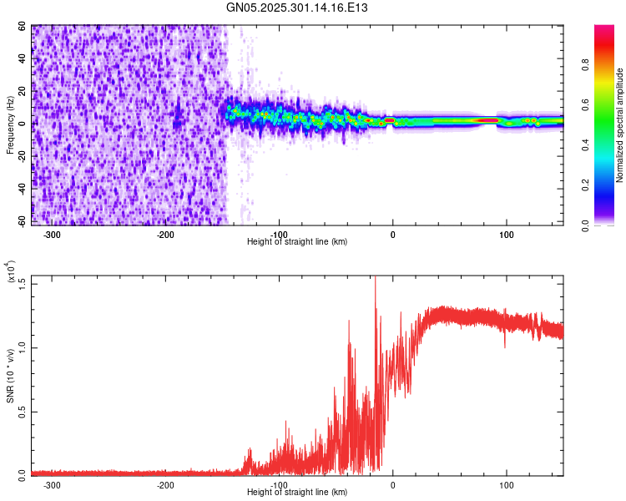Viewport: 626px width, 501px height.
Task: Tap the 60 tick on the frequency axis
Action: (23, 27)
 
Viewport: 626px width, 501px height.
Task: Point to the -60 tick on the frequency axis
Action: (21, 221)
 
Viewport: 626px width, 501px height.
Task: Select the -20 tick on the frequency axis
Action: (21, 156)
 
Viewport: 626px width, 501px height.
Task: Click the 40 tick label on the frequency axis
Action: (23, 59)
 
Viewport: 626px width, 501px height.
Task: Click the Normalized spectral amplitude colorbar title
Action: (619, 126)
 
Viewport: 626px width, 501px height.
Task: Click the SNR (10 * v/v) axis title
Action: (11, 378)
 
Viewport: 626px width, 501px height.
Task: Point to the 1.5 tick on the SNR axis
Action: (21, 282)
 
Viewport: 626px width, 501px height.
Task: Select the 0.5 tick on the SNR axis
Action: (21, 410)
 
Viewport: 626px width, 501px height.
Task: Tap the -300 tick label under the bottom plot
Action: (52, 485)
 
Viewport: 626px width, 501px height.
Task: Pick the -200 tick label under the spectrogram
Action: (165, 235)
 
